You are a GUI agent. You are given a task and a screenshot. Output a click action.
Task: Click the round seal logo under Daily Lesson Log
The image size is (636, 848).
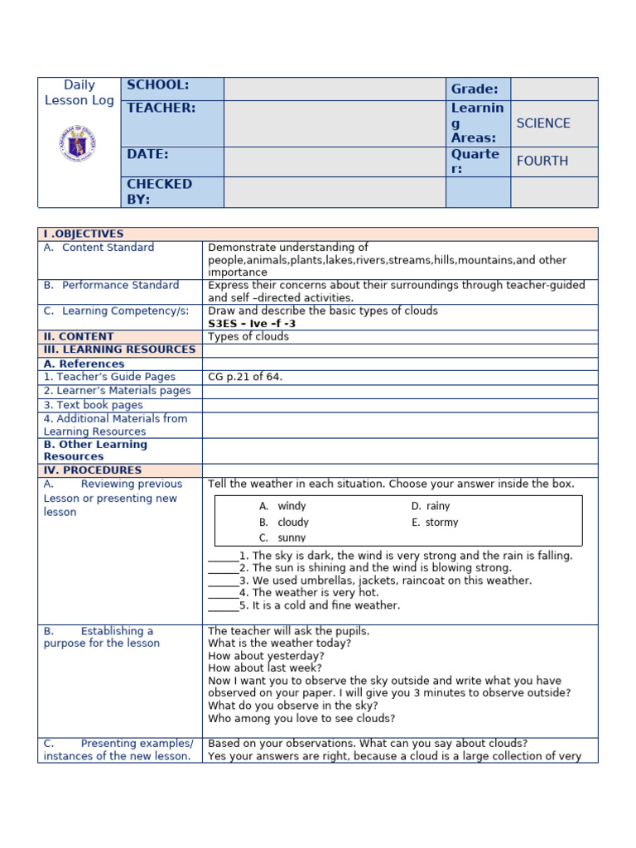point(78,142)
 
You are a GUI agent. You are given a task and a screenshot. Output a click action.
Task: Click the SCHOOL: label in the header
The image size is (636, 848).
point(157,85)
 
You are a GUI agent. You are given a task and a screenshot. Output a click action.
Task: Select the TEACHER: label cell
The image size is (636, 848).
point(161,108)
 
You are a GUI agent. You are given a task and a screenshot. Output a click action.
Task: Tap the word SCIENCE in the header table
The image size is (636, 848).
point(543,123)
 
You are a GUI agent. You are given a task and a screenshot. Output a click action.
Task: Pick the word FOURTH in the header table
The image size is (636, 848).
point(542,161)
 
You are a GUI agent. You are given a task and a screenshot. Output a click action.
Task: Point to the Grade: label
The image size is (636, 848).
point(475,89)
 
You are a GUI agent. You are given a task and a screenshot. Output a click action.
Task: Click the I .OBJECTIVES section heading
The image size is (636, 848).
point(84,234)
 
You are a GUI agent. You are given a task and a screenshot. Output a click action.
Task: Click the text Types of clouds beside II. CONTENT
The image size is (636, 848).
point(248,337)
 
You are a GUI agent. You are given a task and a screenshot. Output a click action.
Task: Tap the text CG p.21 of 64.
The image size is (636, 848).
point(245,377)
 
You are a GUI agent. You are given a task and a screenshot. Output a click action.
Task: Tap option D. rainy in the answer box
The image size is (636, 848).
point(431,506)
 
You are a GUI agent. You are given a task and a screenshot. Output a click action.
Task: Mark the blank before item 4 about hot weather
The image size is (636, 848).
point(222,594)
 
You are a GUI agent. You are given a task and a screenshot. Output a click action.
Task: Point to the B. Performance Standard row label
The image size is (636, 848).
point(112,286)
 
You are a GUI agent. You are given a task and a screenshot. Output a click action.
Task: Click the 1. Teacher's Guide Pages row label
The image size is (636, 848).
point(109,377)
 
